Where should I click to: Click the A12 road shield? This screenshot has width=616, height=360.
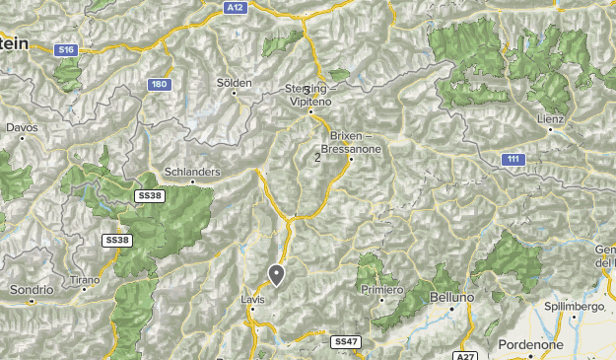click(x=234, y=7)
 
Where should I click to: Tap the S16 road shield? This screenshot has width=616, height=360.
click(x=66, y=48)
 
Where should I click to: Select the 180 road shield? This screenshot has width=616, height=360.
click(x=159, y=85)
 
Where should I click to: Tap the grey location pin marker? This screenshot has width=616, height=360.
click(x=277, y=275)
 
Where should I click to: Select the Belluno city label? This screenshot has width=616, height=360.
click(x=452, y=296)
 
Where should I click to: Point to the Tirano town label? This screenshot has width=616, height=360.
click(x=85, y=280)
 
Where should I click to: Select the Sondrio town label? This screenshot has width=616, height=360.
click(x=29, y=290)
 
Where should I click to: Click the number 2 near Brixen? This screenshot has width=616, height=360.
click(x=317, y=157)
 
